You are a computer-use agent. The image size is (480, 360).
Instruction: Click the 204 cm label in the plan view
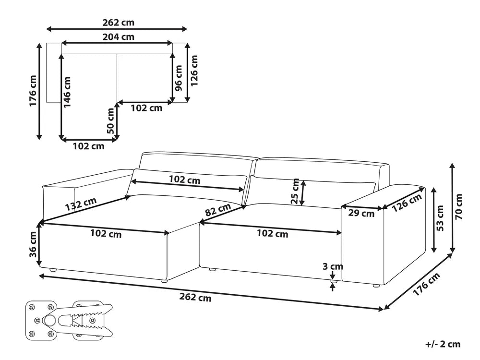click(x=118, y=36)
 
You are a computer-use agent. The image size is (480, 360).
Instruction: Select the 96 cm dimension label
click(x=179, y=79)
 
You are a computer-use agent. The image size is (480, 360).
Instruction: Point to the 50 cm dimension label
click(x=111, y=121)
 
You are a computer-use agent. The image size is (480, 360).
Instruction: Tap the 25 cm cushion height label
click(x=296, y=192)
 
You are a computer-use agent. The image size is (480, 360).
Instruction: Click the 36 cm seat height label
click(x=33, y=245)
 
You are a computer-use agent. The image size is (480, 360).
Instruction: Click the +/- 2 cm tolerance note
click(x=443, y=344)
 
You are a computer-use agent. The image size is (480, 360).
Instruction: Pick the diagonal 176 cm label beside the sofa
click(x=427, y=285)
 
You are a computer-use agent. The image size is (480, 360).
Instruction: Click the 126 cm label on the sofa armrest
click(x=408, y=202)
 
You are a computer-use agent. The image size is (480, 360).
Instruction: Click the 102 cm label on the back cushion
click(x=185, y=180)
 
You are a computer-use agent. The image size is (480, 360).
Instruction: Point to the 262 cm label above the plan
click(x=118, y=22)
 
